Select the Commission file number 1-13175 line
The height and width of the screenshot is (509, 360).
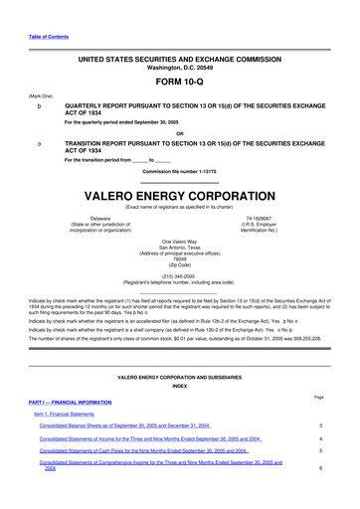[x=180, y=170]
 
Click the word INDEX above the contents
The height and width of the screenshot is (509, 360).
[x=179, y=386]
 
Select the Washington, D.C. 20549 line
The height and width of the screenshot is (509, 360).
[x=179, y=67]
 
